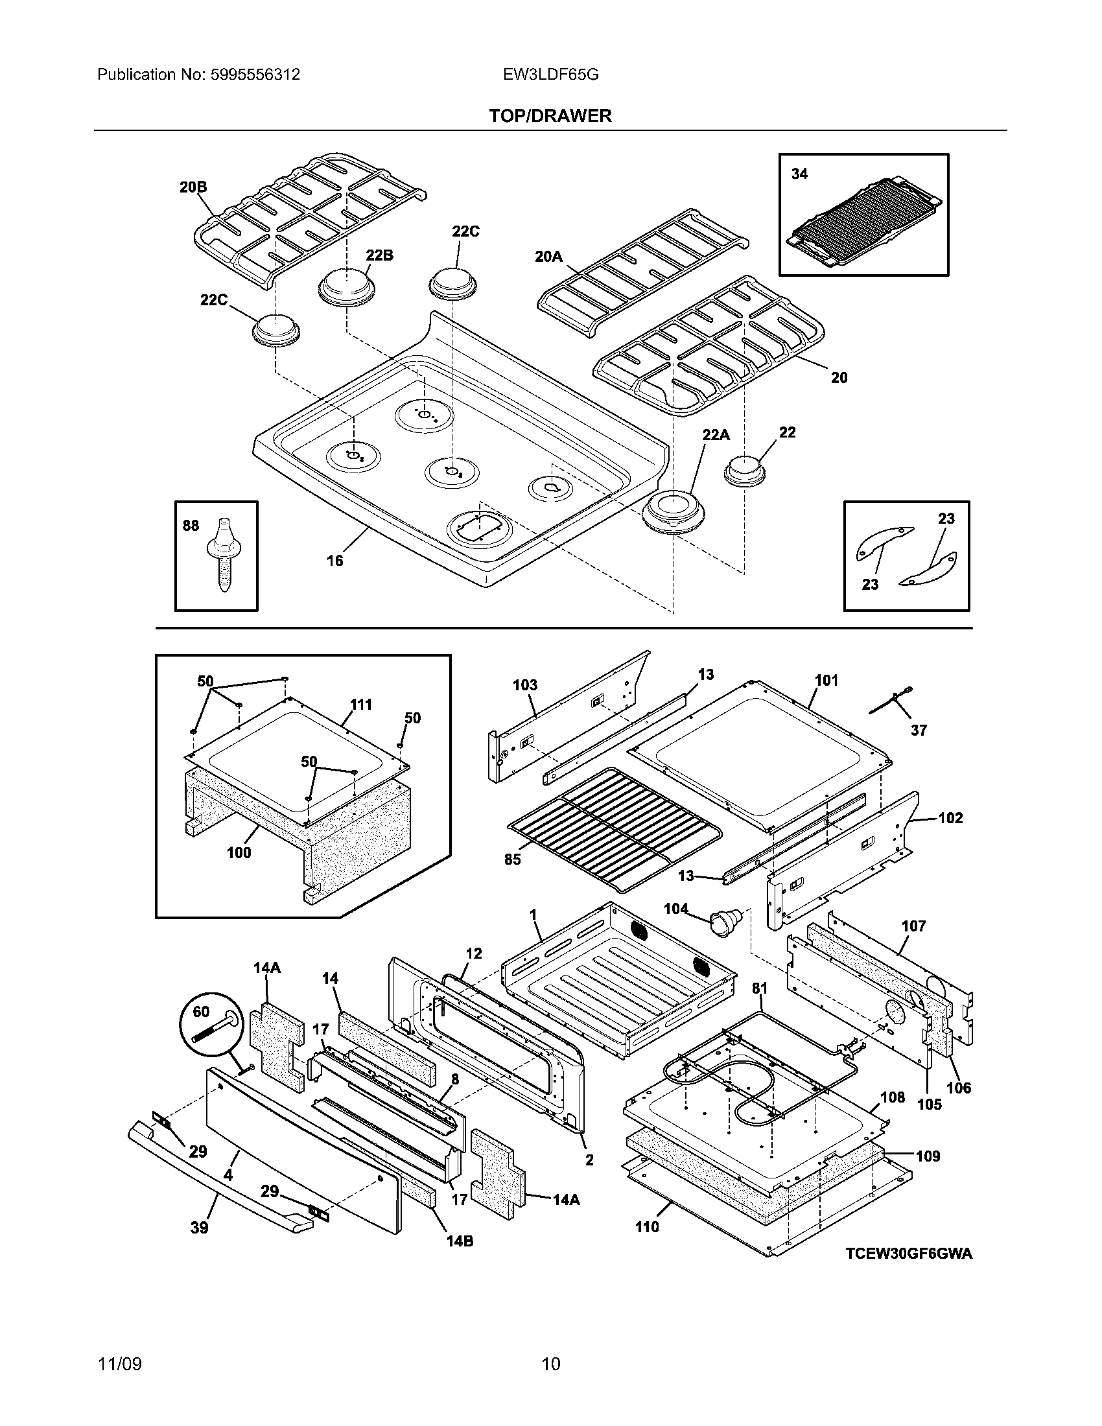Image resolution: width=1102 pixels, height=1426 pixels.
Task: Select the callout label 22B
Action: [x=379, y=255]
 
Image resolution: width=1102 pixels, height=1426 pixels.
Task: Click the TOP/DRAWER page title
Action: [x=550, y=116]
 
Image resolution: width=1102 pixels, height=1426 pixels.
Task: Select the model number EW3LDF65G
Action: [x=550, y=75]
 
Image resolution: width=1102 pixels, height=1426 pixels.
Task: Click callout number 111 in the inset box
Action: [x=361, y=705]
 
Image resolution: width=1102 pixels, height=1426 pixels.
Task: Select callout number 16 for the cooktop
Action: [x=334, y=560]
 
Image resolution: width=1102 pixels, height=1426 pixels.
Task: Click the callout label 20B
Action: [x=193, y=187]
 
